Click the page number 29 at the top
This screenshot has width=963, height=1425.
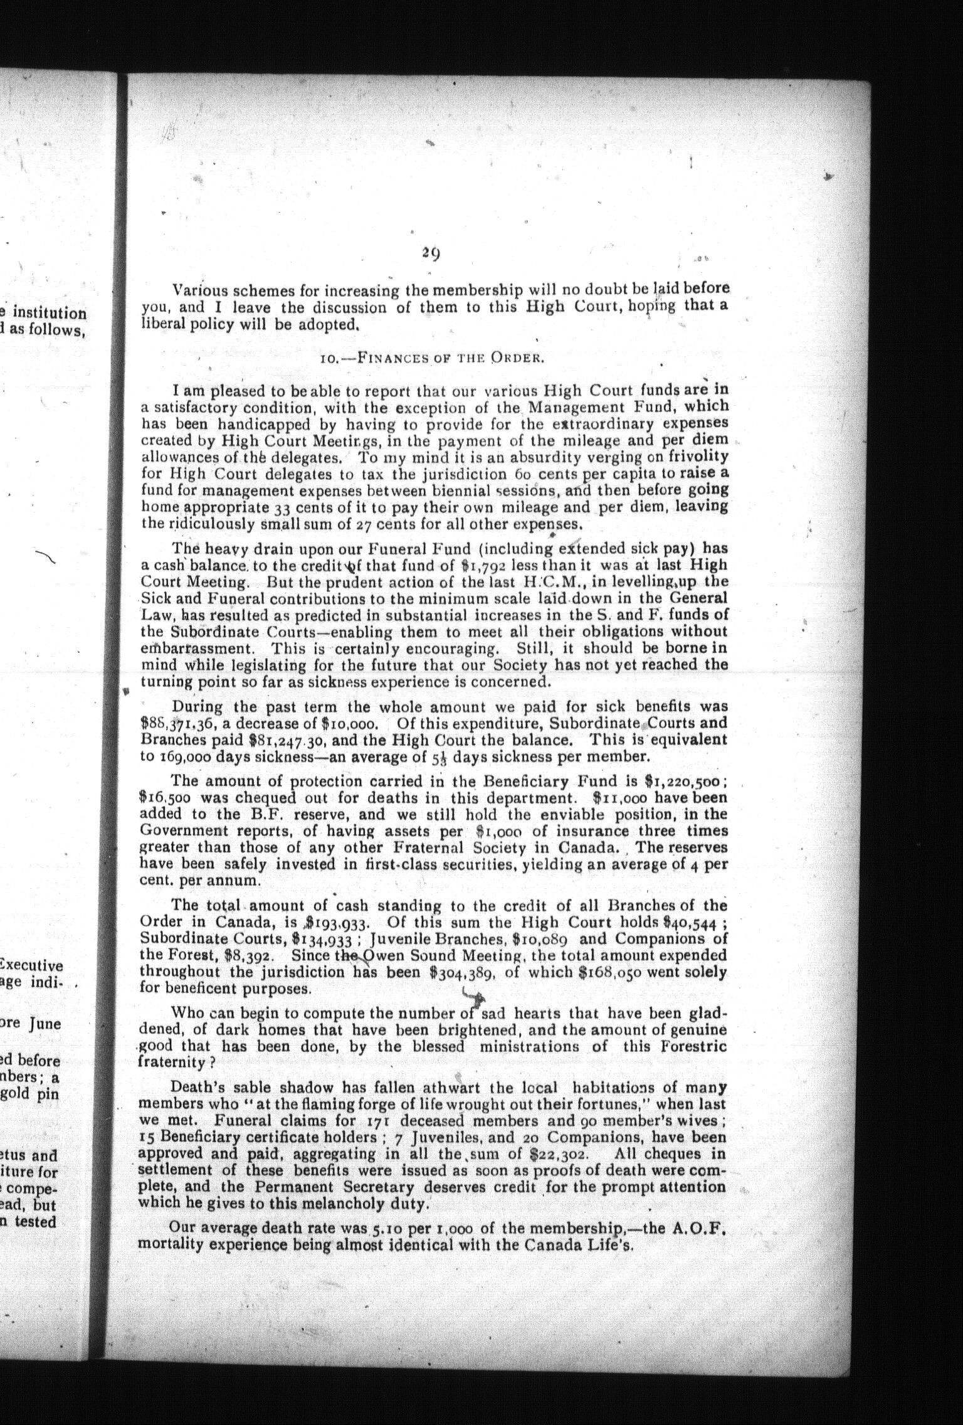coord(430,253)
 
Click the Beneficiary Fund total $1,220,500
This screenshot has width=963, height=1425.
coord(685,783)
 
